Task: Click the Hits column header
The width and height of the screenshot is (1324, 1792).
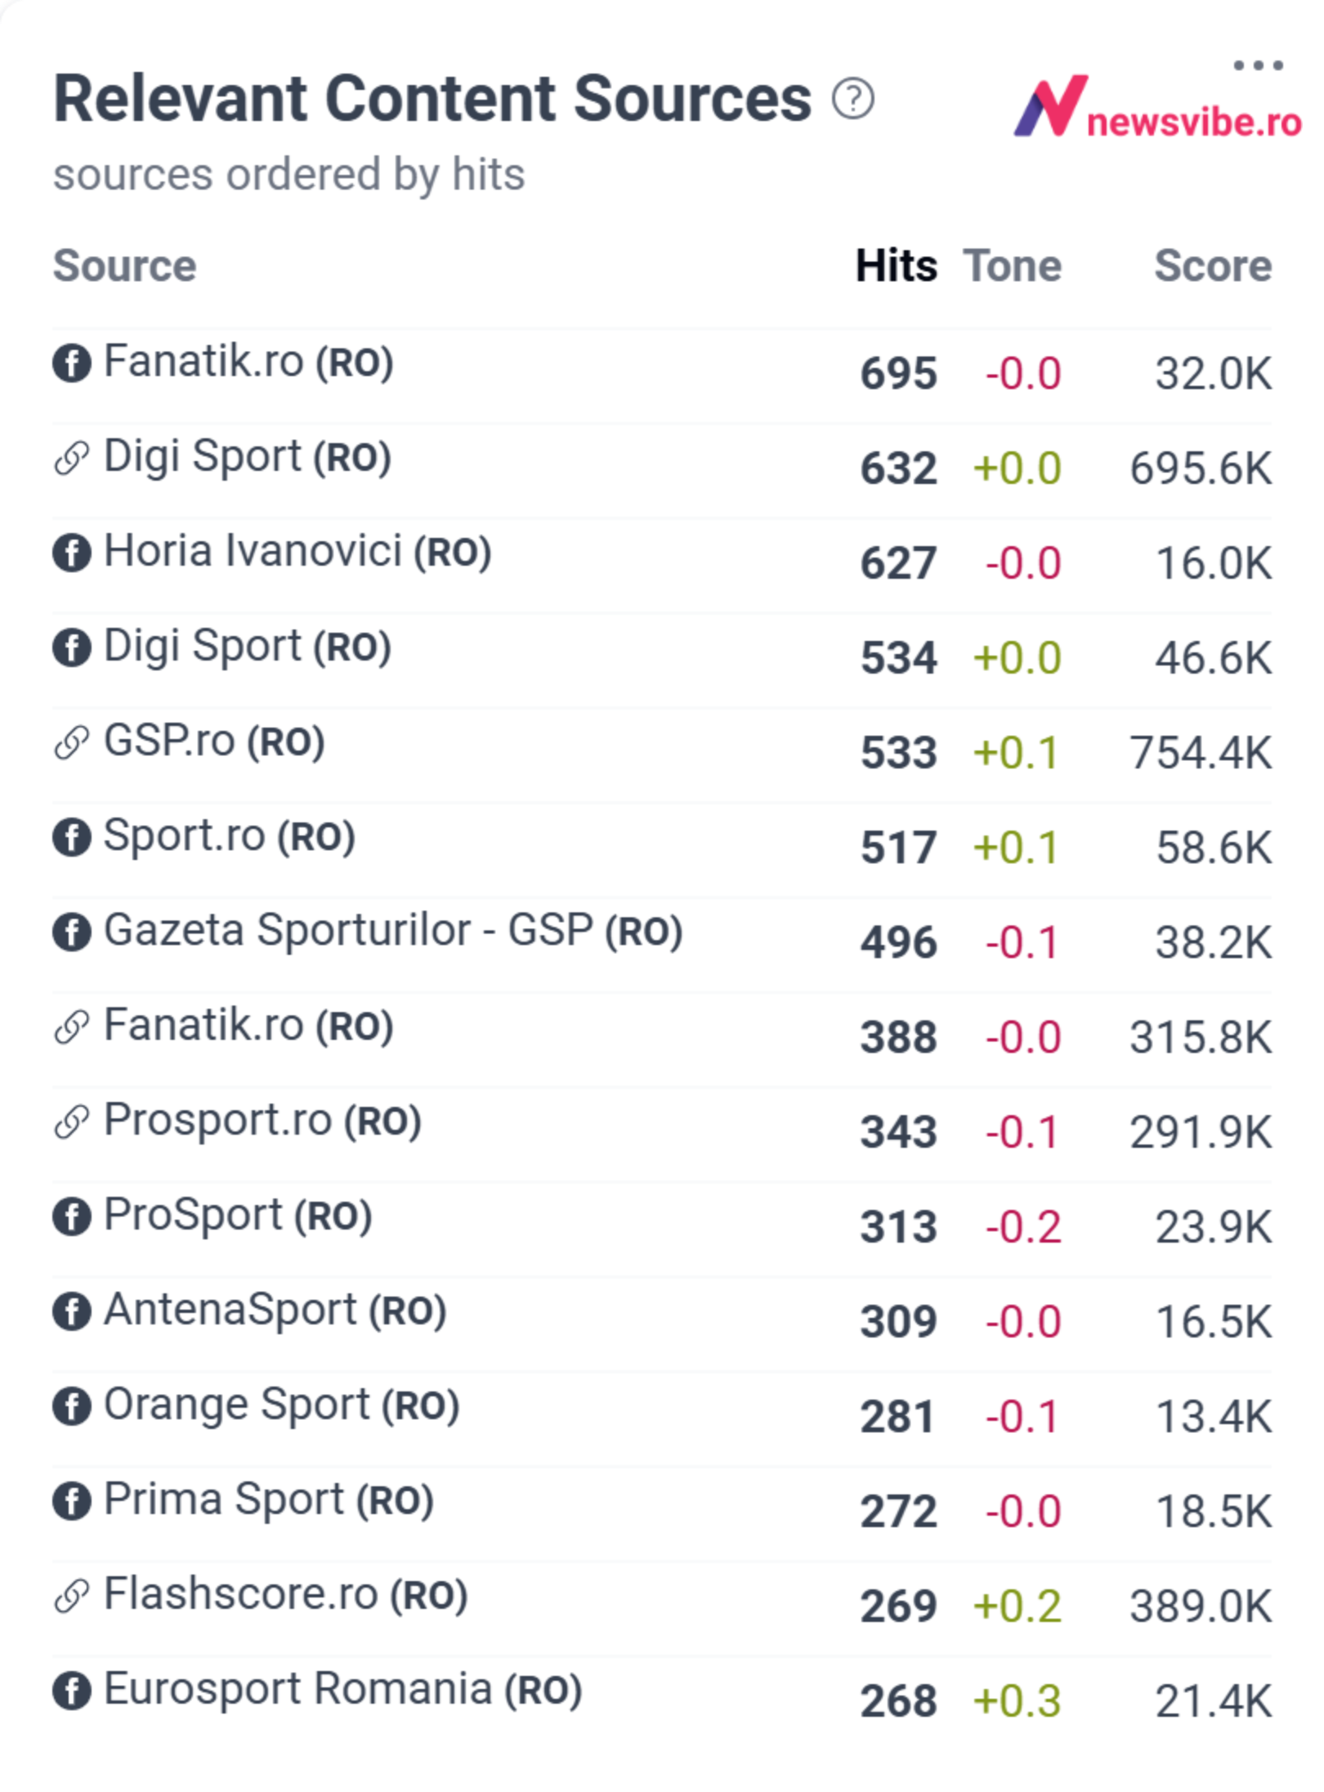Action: (x=896, y=266)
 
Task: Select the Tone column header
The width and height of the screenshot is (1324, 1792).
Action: (x=1012, y=266)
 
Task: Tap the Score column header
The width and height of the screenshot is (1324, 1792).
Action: (x=1213, y=266)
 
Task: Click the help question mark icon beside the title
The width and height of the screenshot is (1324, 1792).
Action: (x=853, y=99)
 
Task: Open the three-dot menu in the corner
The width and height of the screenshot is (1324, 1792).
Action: (x=1258, y=65)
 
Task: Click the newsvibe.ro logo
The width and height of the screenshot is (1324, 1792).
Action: (x=1157, y=107)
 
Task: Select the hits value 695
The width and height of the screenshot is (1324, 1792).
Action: (x=898, y=374)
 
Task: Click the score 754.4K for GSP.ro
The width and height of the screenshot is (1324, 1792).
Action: (x=1201, y=752)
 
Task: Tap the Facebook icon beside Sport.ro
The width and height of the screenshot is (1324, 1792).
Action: (x=72, y=837)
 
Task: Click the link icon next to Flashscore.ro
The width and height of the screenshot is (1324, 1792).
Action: (x=72, y=1596)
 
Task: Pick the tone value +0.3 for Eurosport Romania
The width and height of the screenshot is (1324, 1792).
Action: (x=1017, y=1700)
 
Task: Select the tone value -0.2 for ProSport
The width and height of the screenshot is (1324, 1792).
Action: (x=1023, y=1226)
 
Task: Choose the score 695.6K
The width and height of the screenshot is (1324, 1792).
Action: (x=1201, y=468)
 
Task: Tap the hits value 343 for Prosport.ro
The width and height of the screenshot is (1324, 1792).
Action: (x=898, y=1132)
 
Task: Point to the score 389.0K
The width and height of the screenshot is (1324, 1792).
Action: (x=1201, y=1606)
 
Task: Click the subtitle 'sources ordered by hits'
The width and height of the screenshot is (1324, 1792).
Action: (x=289, y=175)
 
